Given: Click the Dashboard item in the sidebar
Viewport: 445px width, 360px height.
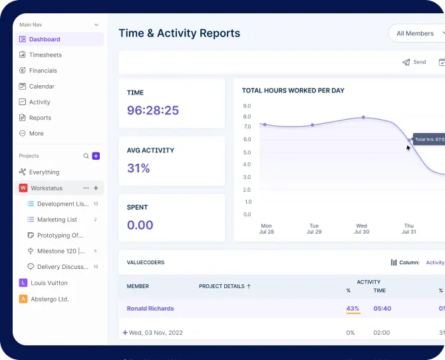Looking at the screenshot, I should (x=44, y=39).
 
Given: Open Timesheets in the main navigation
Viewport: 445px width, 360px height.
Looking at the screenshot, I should (x=45, y=55).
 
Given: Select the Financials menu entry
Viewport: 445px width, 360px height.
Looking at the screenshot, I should (x=43, y=71).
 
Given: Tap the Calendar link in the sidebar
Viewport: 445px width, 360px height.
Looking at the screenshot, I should (x=41, y=87).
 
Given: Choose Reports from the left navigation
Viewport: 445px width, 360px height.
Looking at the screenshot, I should (x=40, y=118).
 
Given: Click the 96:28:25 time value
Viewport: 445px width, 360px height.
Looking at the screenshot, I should (x=153, y=110).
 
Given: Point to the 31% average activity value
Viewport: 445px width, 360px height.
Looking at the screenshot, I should (x=138, y=168).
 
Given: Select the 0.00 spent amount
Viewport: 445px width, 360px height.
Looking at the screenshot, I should (x=140, y=225).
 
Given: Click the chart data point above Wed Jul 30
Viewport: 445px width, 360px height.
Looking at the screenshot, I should (x=363, y=117).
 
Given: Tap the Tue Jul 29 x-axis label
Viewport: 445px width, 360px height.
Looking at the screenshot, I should (x=314, y=229).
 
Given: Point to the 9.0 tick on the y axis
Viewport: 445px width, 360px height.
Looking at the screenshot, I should (x=247, y=106).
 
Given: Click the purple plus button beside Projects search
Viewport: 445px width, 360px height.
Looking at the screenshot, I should (x=96, y=156).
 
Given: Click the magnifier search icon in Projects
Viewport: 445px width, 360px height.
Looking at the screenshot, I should (x=86, y=156).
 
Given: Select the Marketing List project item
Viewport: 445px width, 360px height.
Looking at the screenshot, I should (x=57, y=220).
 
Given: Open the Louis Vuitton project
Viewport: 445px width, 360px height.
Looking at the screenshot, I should (x=49, y=283).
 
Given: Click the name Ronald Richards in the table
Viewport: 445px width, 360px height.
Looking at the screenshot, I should (x=150, y=309).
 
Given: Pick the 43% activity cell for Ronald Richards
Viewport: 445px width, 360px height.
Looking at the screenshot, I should (x=353, y=309).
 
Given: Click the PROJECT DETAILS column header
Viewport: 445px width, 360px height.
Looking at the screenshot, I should (x=224, y=286).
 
